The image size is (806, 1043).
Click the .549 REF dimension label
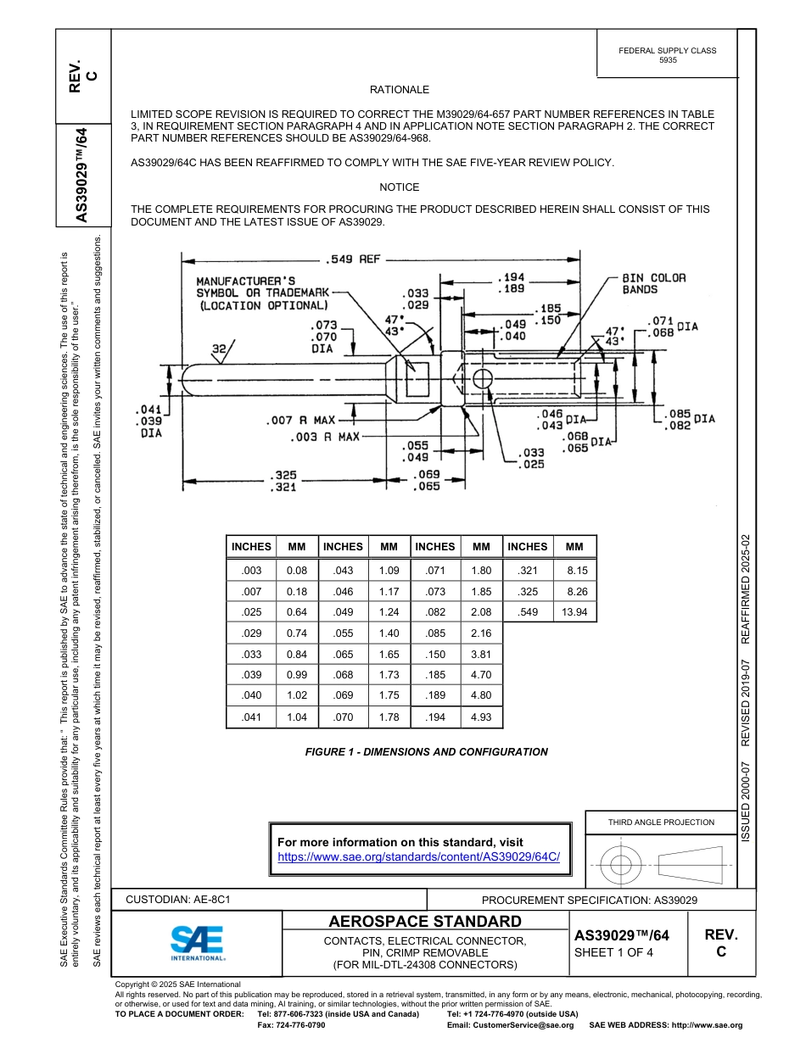click(x=352, y=259)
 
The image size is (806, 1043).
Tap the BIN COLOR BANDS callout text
click(x=653, y=283)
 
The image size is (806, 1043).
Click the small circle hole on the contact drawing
click(x=482, y=378)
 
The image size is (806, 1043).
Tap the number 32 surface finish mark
click(x=220, y=348)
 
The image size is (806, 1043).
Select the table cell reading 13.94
click(x=574, y=612)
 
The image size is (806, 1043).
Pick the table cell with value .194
click(x=434, y=717)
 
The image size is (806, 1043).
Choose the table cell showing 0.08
click(x=296, y=571)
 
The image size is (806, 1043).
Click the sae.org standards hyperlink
click(x=419, y=857)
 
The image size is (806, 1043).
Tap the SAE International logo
click(x=198, y=942)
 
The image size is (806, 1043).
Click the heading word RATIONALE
click(x=399, y=90)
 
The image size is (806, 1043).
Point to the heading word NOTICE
click(x=399, y=187)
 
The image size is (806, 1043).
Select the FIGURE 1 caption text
click(x=426, y=752)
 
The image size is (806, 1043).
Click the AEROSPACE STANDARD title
click(x=425, y=922)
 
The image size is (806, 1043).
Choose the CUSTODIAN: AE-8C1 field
click(x=178, y=899)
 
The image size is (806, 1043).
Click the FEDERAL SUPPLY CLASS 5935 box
click(x=667, y=55)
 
